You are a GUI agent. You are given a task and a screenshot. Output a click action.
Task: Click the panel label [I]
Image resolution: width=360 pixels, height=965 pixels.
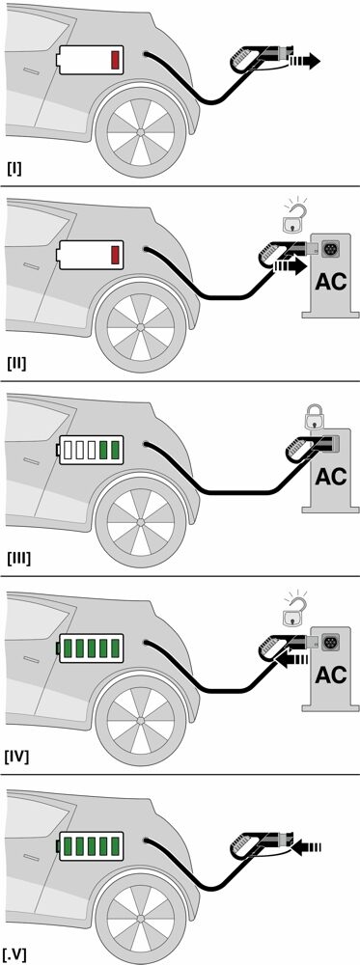click(x=14, y=168)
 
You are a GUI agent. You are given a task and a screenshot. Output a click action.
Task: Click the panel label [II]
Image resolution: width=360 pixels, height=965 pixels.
click(x=17, y=363)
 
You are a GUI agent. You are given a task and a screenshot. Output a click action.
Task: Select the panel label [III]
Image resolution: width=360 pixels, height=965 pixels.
click(x=19, y=559)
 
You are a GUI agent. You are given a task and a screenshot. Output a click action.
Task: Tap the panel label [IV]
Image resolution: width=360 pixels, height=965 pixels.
click(x=18, y=756)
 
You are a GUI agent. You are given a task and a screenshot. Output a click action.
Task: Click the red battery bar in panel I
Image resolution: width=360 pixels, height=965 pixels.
click(x=115, y=61)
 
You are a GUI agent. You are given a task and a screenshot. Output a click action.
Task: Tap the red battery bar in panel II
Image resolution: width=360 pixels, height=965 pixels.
click(x=115, y=255)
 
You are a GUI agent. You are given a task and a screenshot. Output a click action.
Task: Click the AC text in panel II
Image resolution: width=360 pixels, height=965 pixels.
click(x=330, y=282)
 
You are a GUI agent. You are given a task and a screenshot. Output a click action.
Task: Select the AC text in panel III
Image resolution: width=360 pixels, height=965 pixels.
click(x=330, y=477)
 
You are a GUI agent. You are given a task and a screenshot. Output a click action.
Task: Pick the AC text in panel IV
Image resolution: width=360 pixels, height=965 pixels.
click(x=330, y=675)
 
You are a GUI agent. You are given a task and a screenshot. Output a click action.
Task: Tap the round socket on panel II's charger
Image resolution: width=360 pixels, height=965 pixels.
click(x=331, y=249)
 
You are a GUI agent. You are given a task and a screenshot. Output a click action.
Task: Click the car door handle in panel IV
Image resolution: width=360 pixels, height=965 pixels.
click(x=30, y=660)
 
